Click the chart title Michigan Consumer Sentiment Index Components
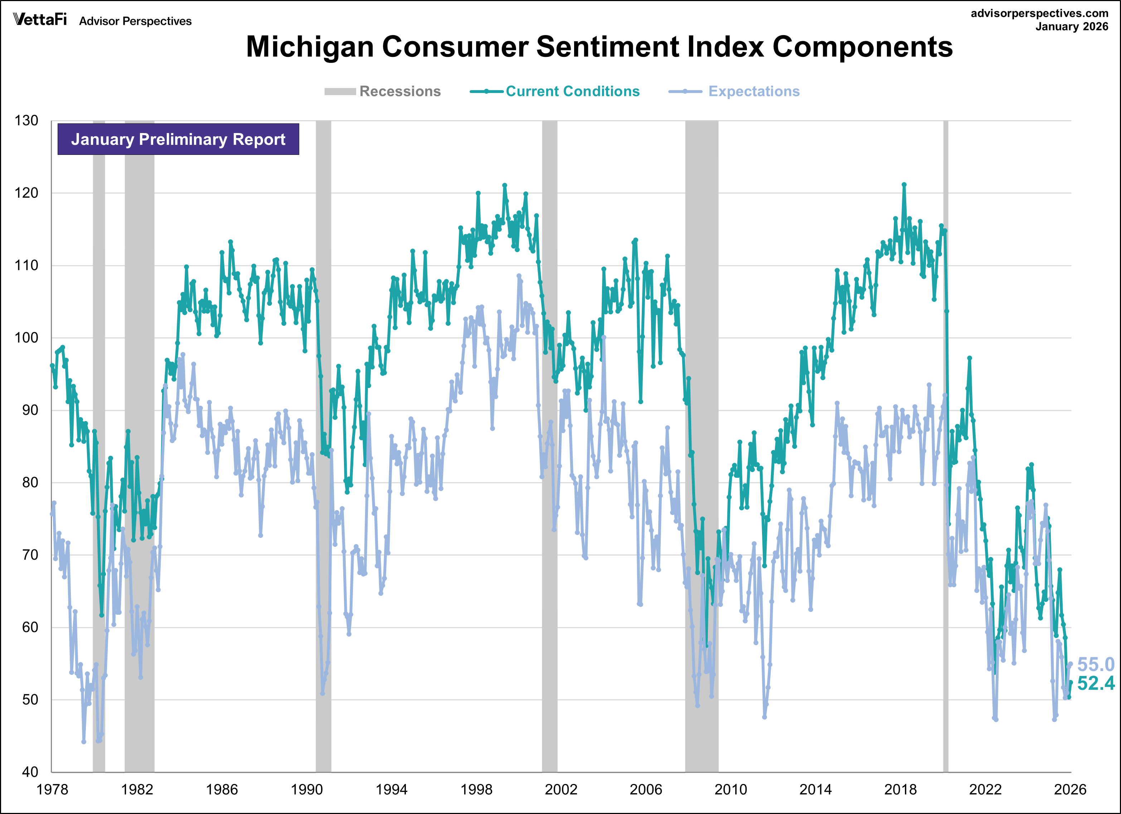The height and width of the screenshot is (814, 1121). tap(599, 47)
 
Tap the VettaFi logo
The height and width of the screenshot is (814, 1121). tap(39, 20)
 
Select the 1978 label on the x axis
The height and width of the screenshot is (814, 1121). tap(52, 789)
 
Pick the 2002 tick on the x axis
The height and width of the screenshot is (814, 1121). tap(561, 789)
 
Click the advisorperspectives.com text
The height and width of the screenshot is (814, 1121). tap(1039, 13)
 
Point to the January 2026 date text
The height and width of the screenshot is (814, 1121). tap(1072, 27)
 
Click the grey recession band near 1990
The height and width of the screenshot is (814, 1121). tap(323, 445)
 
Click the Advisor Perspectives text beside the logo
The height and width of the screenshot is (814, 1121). tap(135, 21)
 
